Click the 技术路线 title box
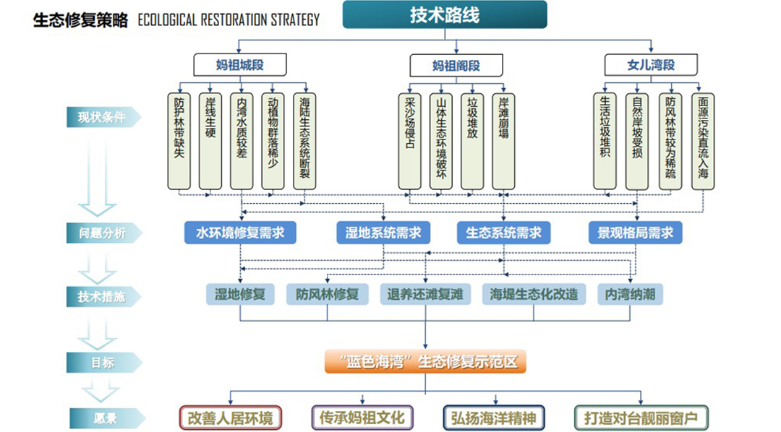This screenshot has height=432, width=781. click(x=444, y=14)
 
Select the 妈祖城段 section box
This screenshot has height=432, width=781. click(x=240, y=65)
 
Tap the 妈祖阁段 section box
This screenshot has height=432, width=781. click(x=456, y=66)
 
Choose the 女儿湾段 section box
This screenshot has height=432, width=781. click(x=651, y=65)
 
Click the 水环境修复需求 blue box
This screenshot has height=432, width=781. click(x=240, y=233)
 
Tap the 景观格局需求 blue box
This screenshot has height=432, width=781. click(x=635, y=233)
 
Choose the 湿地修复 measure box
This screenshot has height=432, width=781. click(x=240, y=294)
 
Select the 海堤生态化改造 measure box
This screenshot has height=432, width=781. click(x=534, y=294)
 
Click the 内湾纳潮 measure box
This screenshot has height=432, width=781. click(x=631, y=294)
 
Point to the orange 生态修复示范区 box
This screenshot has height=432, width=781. click(x=425, y=361)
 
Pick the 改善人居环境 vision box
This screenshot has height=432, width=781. click(x=230, y=418)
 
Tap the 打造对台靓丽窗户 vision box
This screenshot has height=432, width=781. click(x=641, y=418)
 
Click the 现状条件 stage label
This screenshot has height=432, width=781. click(x=102, y=116)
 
